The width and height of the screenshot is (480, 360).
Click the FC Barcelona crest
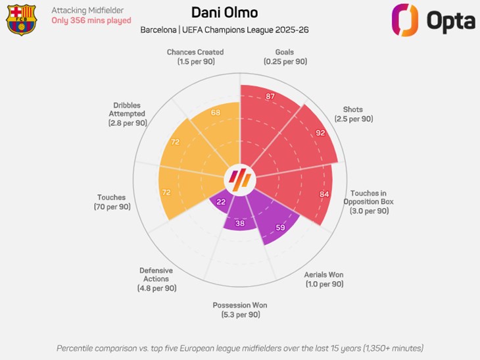click(21, 19)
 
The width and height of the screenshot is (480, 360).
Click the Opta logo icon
click(405, 20)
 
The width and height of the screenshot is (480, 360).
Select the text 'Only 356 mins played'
click(91, 20)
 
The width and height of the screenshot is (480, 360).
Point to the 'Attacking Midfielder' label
click(87, 10)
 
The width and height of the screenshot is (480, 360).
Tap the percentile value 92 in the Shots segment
click(321, 132)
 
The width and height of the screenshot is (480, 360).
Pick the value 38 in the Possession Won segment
click(241, 223)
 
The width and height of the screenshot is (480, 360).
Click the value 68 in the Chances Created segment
click(215, 113)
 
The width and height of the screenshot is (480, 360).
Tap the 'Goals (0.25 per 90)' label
click(285, 57)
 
